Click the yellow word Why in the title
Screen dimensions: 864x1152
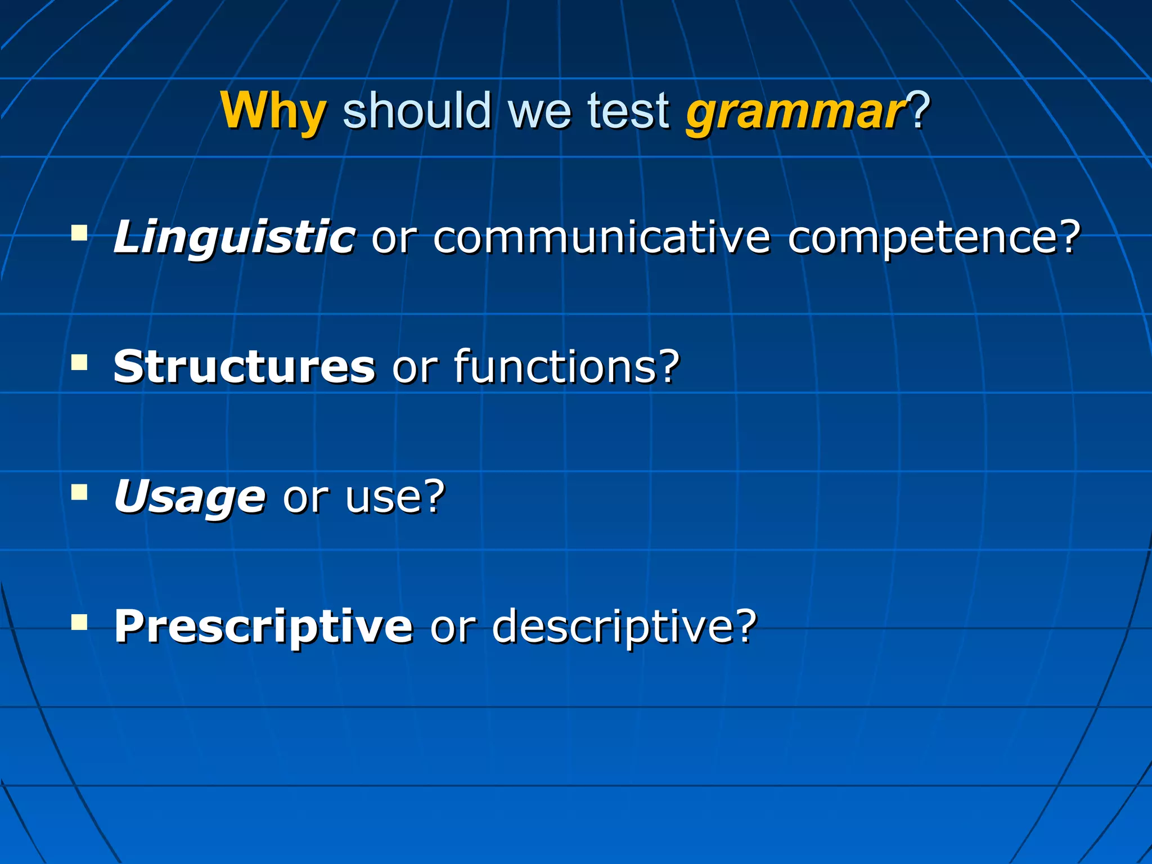click(x=273, y=111)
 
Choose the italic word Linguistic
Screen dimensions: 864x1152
click(x=234, y=237)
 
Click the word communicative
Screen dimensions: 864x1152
click(x=601, y=237)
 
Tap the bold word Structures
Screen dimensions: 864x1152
click(x=244, y=367)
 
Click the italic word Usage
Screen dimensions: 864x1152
click(x=190, y=497)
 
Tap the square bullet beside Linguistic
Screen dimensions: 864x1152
click(x=80, y=233)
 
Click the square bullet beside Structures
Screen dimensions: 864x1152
click(x=80, y=362)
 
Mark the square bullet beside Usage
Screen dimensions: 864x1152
click(x=80, y=493)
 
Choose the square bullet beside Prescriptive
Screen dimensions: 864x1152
click(x=80, y=622)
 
